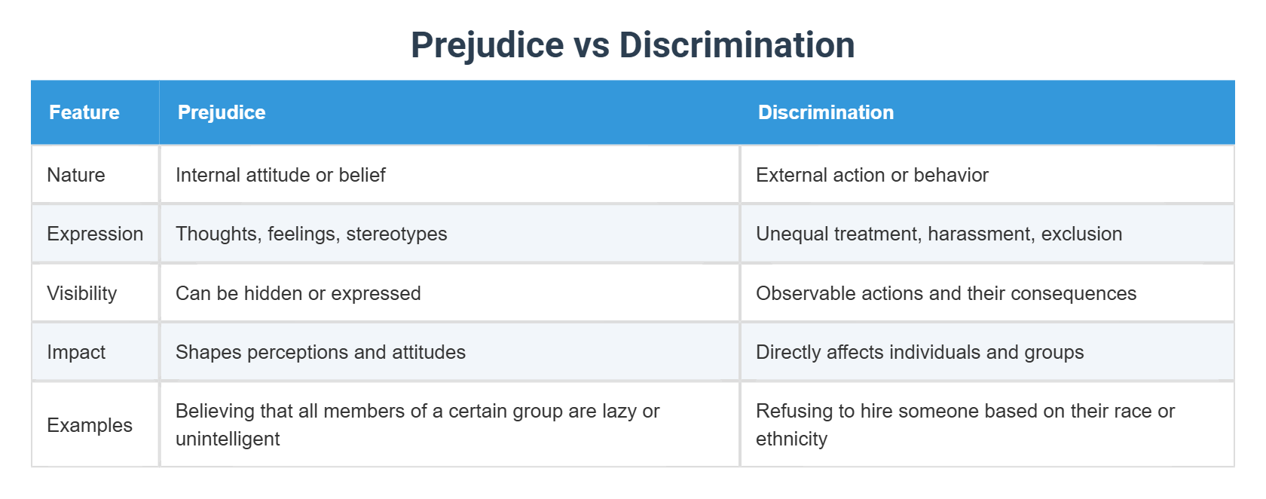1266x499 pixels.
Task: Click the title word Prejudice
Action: pyautogui.click(x=487, y=45)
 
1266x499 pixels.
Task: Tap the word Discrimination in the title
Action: pyautogui.click(x=736, y=45)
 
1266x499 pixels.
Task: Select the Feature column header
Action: pyautogui.click(x=84, y=112)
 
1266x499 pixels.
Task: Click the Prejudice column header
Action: pyautogui.click(x=222, y=112)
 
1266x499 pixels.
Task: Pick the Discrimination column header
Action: pyautogui.click(x=826, y=112)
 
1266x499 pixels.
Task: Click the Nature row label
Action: pyautogui.click(x=76, y=175)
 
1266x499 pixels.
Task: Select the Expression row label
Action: pyautogui.click(x=95, y=234)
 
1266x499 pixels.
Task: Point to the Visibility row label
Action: pyautogui.click(x=82, y=293)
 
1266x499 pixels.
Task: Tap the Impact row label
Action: pyautogui.click(x=76, y=352)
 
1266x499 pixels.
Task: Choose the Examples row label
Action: pyautogui.click(x=90, y=425)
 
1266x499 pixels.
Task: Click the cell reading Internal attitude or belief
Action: pyautogui.click(x=280, y=175)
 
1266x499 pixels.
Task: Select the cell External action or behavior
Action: pyautogui.click(x=872, y=175)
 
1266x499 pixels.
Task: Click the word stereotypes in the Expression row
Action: pyautogui.click(x=396, y=234)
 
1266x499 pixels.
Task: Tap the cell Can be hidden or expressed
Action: pyautogui.click(x=298, y=293)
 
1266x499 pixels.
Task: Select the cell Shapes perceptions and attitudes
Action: pyautogui.click(x=320, y=352)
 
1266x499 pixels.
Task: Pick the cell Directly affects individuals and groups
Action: pyautogui.click(x=919, y=352)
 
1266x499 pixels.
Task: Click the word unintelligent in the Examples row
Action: pyautogui.click(x=228, y=439)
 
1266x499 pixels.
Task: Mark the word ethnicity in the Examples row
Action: pyautogui.click(x=791, y=439)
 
